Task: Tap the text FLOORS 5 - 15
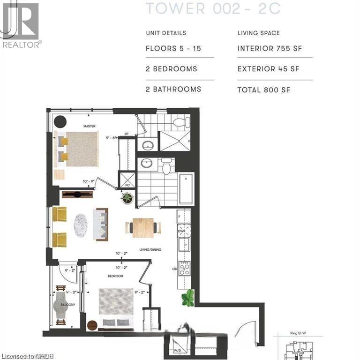[173, 49]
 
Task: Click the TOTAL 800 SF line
[264, 89]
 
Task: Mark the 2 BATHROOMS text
[173, 89]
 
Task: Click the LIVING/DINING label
[150, 250]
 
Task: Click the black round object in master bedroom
[60, 122]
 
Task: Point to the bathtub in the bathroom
[186, 189]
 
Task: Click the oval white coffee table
[81, 226]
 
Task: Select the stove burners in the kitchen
[184, 268]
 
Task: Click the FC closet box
[127, 180]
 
